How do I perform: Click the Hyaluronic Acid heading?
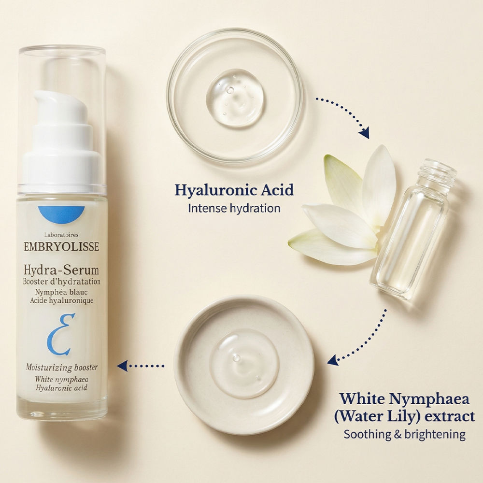(x=234, y=190)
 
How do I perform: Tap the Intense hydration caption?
(x=234, y=208)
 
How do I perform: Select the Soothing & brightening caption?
(x=405, y=434)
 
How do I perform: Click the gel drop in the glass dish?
(x=235, y=98)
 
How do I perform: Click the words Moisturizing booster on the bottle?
(x=61, y=368)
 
